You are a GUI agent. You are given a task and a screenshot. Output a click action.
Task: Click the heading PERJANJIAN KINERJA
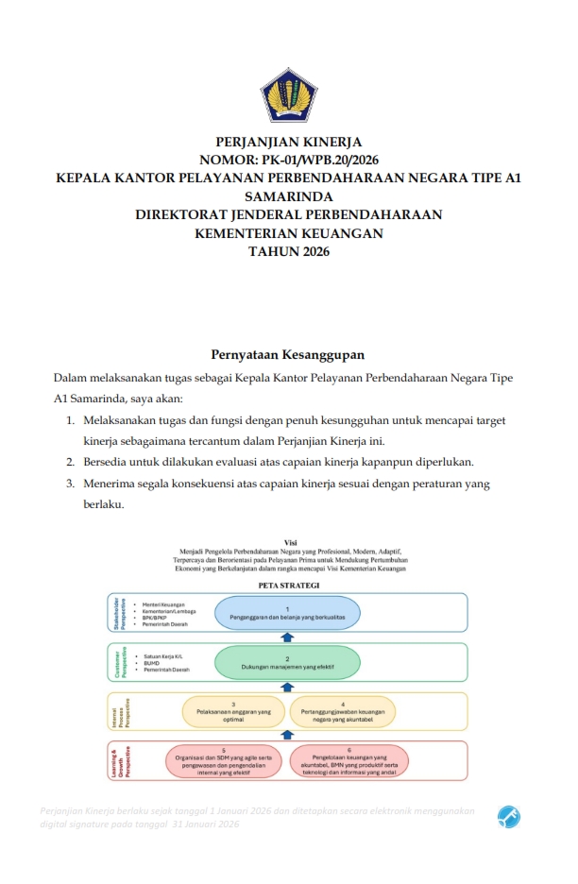point(289,142)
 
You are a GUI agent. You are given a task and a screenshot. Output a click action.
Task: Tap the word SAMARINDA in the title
point(289,196)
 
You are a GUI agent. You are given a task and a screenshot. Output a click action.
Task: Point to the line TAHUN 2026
point(289,250)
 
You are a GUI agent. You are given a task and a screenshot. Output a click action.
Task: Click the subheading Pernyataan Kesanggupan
point(288,354)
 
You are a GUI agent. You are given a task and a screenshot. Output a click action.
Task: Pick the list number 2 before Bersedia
point(71,462)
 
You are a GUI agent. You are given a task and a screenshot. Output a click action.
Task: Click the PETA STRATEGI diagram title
point(289,586)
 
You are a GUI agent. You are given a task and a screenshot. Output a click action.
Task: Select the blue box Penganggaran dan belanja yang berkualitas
point(287,612)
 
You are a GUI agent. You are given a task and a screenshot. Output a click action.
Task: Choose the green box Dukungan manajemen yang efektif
point(287,663)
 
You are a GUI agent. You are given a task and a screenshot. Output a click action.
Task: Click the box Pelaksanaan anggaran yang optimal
point(233,711)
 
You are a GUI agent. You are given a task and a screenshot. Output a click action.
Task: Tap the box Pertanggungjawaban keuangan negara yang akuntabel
point(342,711)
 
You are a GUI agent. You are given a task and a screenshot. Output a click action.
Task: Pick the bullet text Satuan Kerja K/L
point(161,655)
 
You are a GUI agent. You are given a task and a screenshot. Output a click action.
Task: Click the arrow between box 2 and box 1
point(288,637)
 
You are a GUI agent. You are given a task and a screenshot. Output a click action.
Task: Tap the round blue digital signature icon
point(509,817)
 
